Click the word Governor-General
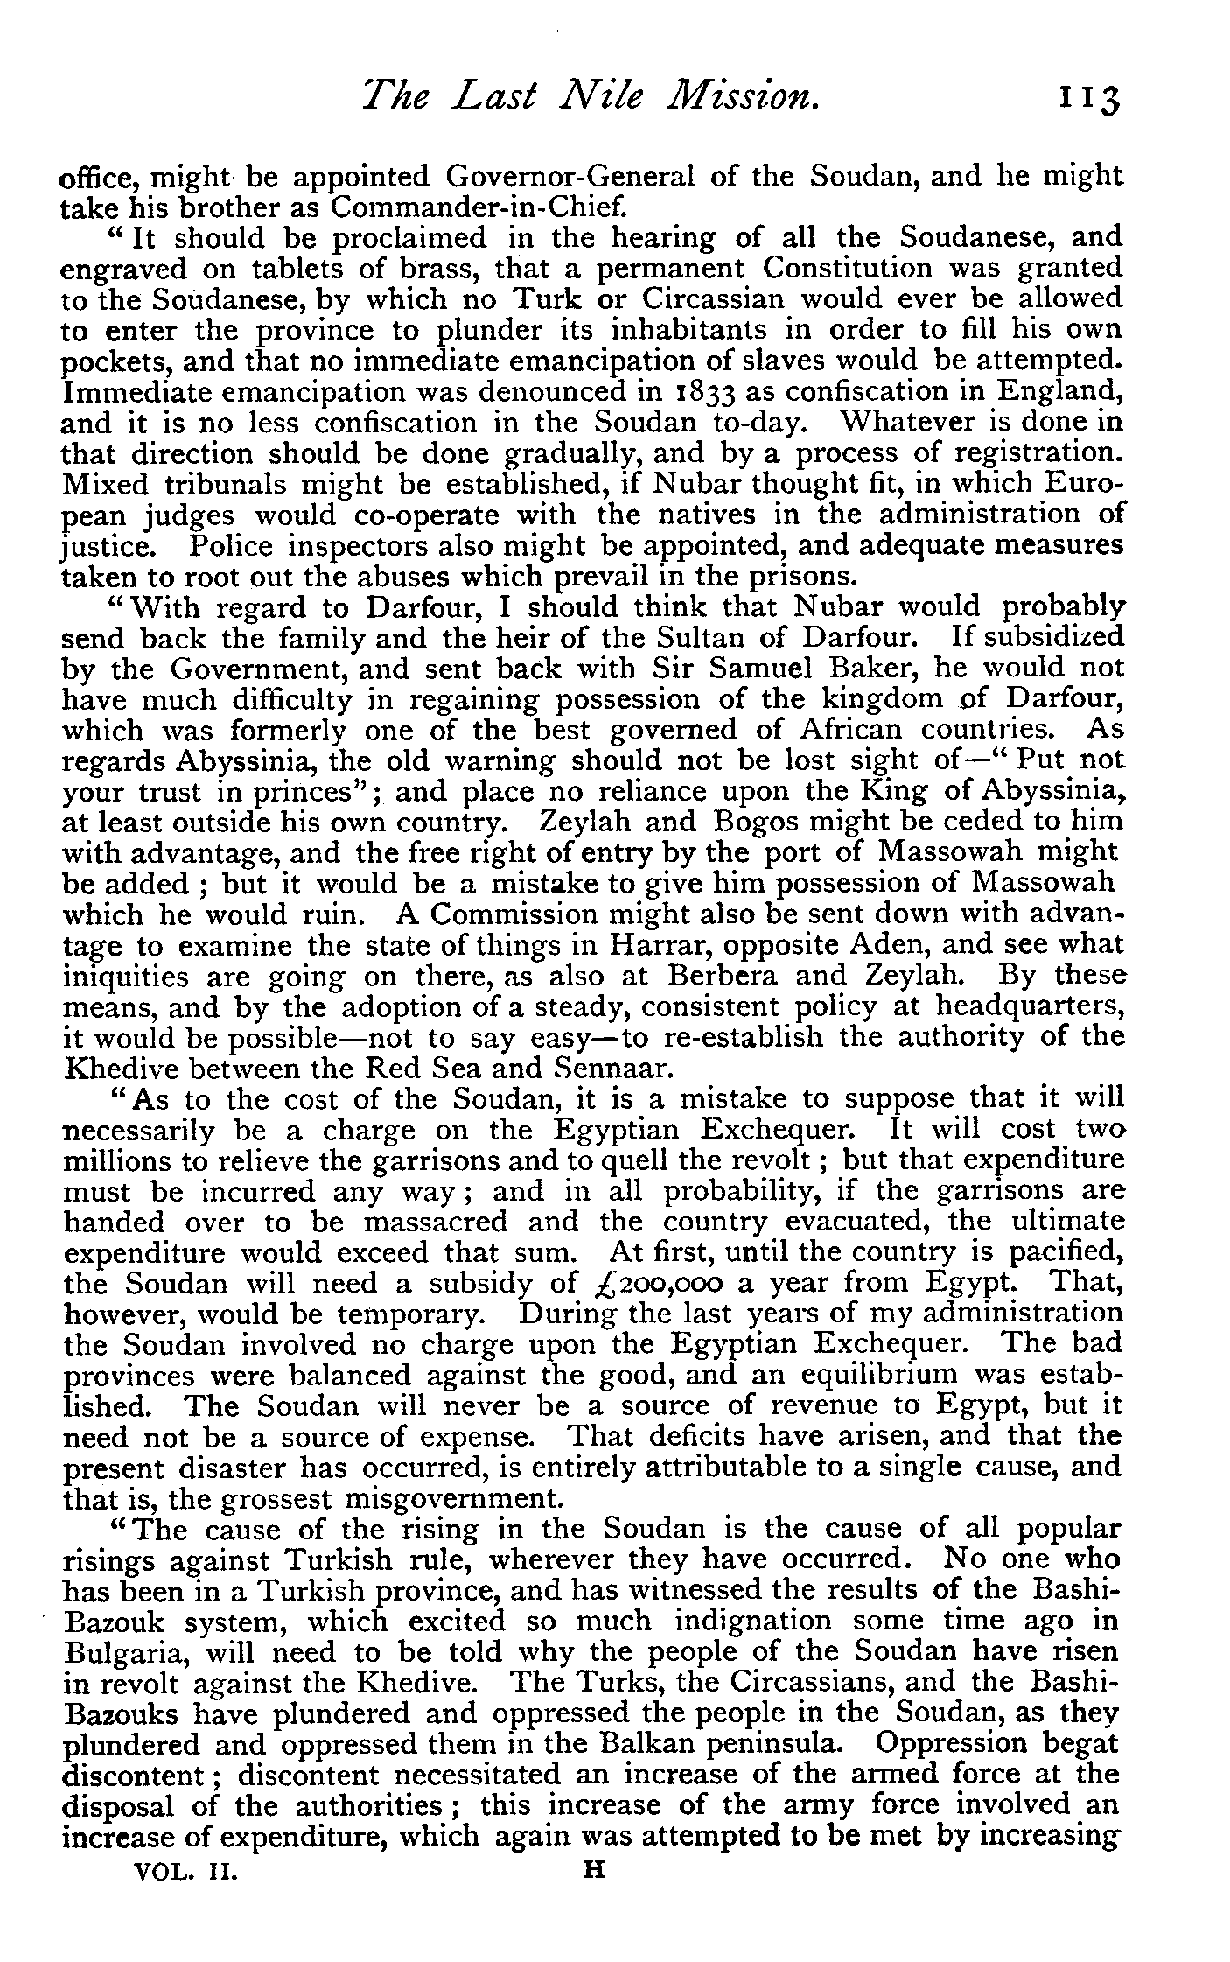point(570,177)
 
